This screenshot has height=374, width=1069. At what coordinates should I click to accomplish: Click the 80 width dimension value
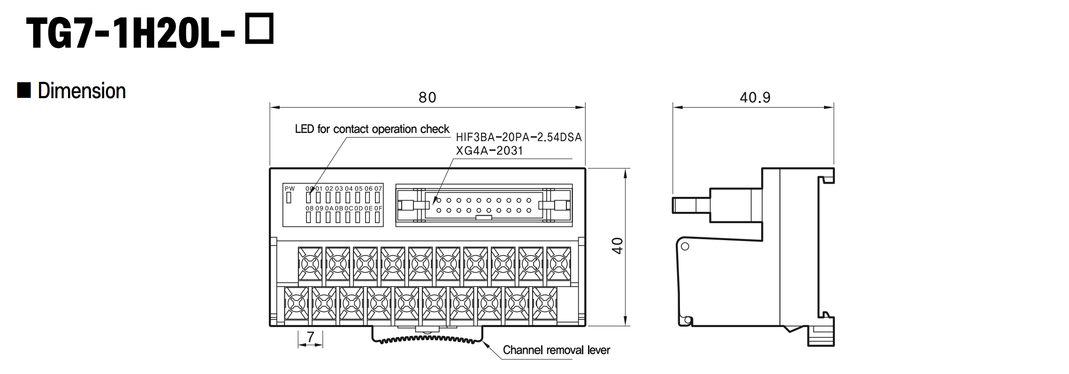(x=427, y=97)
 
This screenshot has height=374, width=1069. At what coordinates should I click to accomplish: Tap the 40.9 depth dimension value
(x=755, y=97)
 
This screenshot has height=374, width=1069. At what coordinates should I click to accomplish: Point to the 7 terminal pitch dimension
(x=310, y=337)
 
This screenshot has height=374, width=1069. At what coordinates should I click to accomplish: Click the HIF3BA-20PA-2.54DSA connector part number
(x=519, y=137)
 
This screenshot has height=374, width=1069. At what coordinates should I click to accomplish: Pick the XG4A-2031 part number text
(x=489, y=151)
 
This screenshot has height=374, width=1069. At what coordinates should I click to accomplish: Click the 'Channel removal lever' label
(x=556, y=350)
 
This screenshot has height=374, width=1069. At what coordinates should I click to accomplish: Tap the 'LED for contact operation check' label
(x=372, y=129)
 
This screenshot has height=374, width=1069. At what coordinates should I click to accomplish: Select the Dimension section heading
(x=82, y=91)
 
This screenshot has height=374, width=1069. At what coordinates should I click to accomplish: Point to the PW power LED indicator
(x=289, y=198)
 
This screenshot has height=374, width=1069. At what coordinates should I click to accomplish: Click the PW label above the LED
(x=290, y=189)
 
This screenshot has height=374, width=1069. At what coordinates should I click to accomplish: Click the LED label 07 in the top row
(x=378, y=189)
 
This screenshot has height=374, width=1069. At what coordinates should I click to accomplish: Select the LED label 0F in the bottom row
(x=378, y=208)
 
